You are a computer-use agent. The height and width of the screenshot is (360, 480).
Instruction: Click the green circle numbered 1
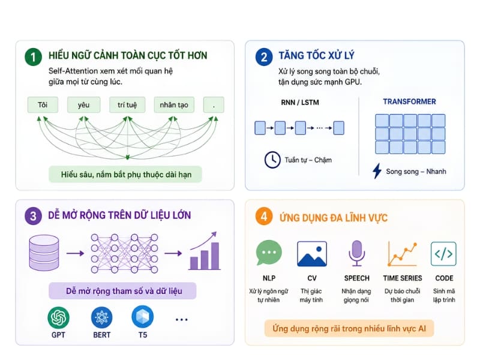point(33,57)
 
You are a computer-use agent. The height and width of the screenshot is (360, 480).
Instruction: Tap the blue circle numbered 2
point(263,57)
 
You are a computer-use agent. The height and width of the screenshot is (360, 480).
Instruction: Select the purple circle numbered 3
point(33,216)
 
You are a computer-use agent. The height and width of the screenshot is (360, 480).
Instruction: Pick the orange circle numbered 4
point(263,217)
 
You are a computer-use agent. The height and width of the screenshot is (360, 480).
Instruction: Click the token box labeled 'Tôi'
point(43,104)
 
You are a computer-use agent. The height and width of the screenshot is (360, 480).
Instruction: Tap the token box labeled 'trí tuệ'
point(127,104)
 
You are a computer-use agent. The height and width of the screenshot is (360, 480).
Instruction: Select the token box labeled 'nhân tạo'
point(174,104)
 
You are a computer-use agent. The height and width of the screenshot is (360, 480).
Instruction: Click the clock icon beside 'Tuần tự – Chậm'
point(272,160)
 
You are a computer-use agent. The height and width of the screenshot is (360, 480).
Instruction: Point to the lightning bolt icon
point(377,171)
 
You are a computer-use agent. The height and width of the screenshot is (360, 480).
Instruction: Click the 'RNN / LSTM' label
point(299,102)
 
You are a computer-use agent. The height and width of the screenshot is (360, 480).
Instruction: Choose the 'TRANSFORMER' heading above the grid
point(409,101)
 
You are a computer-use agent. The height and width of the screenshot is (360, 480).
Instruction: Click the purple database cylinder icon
point(44,253)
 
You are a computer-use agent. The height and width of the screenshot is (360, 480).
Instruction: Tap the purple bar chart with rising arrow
point(204,251)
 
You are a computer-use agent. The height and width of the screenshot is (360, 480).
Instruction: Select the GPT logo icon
point(58,317)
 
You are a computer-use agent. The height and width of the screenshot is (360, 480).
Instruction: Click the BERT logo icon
point(101,317)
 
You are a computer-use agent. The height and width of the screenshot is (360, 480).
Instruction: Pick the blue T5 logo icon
point(142,317)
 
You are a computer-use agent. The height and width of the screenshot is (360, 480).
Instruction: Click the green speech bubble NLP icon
point(268,253)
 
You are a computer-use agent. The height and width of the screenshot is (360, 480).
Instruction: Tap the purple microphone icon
point(356,253)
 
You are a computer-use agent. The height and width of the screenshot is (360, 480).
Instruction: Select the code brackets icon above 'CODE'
point(443,254)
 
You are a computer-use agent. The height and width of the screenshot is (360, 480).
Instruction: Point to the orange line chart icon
point(402,254)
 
